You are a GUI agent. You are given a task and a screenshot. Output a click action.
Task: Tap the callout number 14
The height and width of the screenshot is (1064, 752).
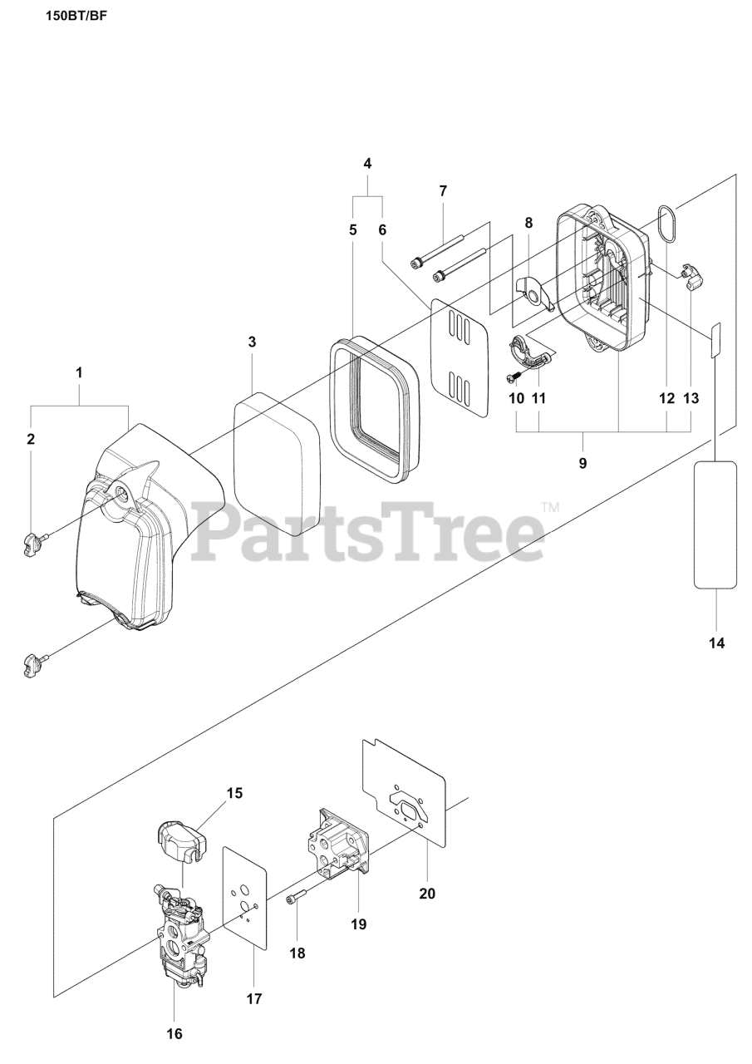[x=715, y=643]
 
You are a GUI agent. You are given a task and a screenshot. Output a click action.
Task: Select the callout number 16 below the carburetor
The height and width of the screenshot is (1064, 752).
[x=174, y=1033]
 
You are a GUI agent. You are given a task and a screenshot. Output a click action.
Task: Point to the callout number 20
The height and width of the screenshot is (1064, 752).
[x=427, y=894]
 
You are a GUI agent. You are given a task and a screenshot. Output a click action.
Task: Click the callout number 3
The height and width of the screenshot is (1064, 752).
[x=251, y=342]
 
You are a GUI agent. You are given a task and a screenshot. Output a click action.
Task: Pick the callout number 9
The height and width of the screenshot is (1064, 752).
[x=582, y=463]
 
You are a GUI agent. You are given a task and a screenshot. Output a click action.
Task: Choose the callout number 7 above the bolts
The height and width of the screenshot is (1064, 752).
[x=443, y=190]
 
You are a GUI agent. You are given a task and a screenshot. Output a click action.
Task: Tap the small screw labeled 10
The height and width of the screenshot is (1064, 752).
[x=514, y=378]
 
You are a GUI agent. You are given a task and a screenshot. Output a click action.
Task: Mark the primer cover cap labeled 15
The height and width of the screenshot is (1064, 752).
[x=179, y=840]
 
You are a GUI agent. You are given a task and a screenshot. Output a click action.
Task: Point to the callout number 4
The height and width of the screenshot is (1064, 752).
[x=367, y=163]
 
